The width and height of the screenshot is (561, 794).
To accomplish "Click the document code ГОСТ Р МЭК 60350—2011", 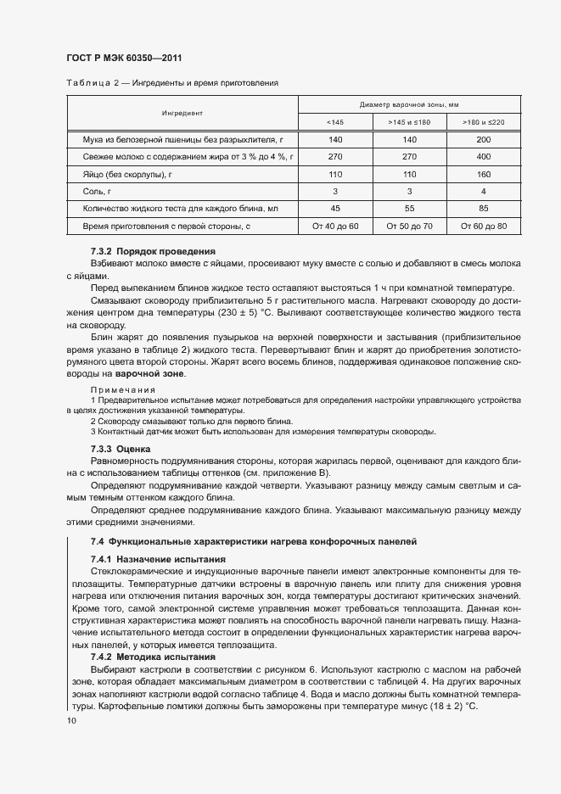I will [x=124, y=58].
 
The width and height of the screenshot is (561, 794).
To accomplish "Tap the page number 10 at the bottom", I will [x=70, y=720].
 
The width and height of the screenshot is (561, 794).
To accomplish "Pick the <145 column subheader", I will [x=335, y=122].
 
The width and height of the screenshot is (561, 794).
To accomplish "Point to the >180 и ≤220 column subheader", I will [x=483, y=122].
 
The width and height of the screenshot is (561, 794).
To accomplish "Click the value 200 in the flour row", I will [x=483, y=139].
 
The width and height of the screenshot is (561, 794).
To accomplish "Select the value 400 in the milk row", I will [x=483, y=157].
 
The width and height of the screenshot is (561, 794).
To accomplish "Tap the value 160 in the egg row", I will [x=483, y=174].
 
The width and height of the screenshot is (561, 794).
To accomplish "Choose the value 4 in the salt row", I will [x=483, y=192].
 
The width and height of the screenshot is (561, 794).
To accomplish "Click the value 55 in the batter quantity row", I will [x=409, y=209].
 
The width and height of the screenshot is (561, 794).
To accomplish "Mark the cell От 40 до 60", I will [x=335, y=226].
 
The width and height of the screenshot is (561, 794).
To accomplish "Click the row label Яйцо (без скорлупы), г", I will [x=128, y=174].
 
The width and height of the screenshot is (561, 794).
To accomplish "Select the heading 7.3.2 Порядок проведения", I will [x=153, y=252].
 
